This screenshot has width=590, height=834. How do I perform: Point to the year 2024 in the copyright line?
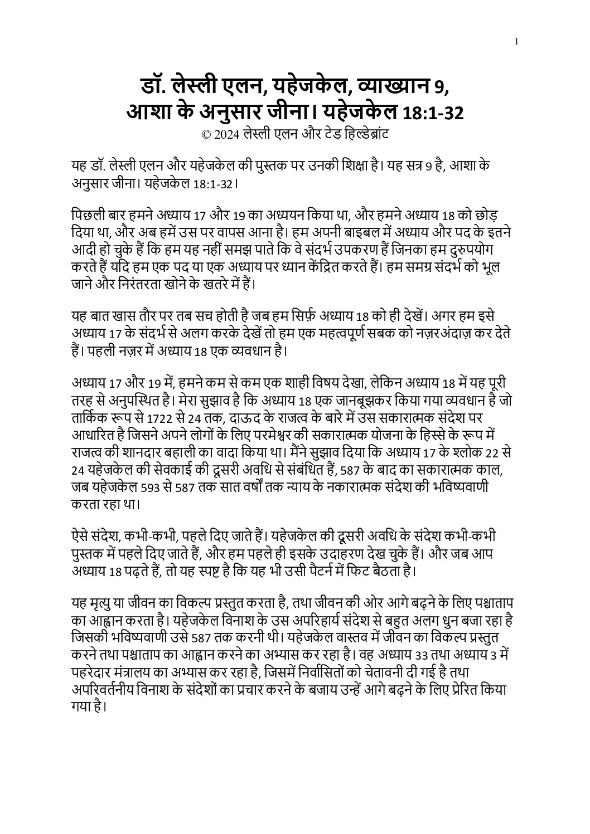click(224, 134)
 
